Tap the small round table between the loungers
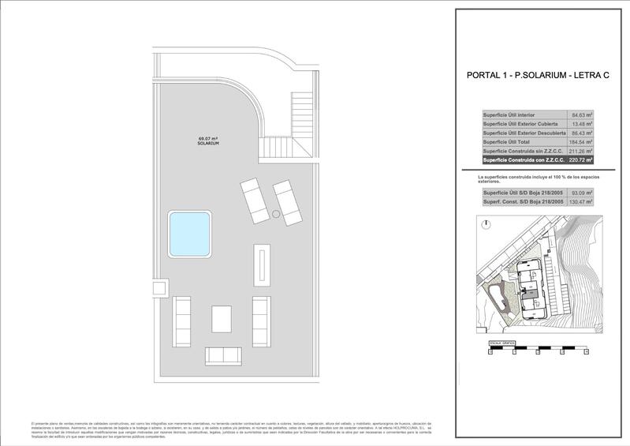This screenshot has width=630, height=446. pos(276,214)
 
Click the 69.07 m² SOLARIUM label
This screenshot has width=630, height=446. pos(208,142)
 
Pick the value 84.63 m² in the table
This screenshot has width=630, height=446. pos(581,114)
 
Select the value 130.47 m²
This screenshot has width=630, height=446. pos(581,202)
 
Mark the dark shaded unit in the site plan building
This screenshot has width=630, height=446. pos(532,293)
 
